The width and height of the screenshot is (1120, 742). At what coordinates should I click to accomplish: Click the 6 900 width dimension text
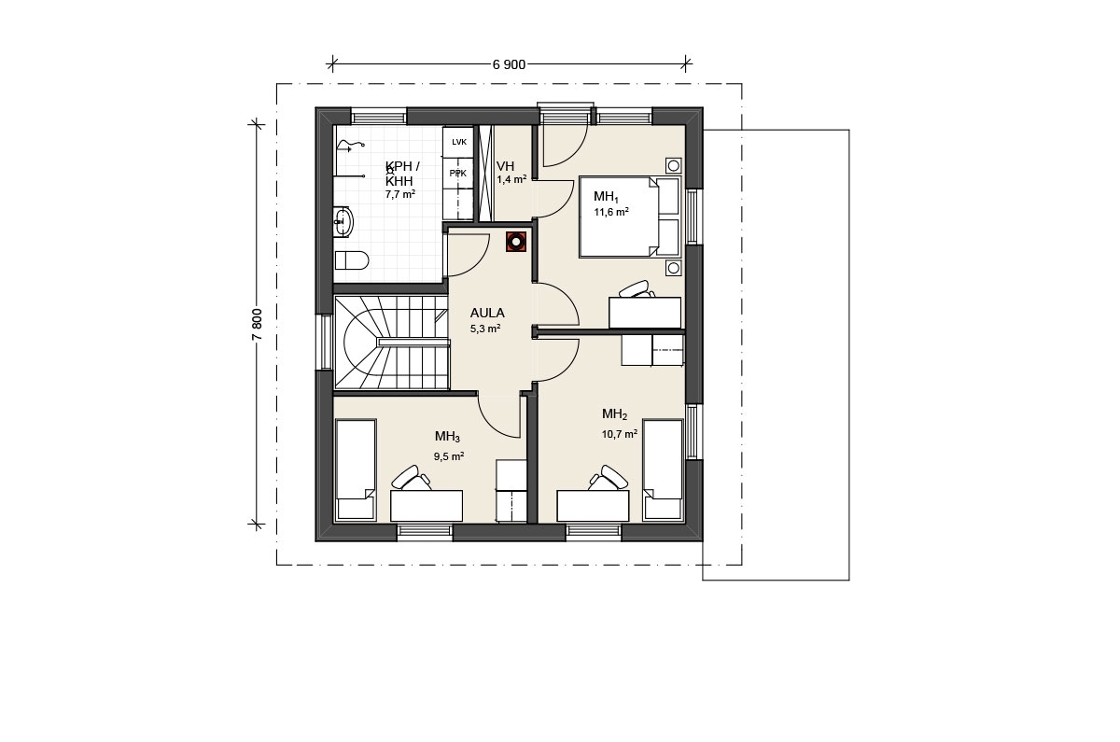[x=509, y=65]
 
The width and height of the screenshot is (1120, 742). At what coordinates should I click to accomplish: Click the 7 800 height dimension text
[x=257, y=325]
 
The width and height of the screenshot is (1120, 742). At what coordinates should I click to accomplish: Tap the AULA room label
[x=487, y=313]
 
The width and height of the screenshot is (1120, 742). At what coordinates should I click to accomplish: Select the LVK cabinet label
[x=459, y=142]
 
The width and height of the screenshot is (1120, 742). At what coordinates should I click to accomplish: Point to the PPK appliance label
[x=458, y=174]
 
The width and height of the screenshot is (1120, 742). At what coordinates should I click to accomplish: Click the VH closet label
[x=506, y=166]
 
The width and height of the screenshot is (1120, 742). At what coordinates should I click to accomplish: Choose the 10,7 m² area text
[x=620, y=434]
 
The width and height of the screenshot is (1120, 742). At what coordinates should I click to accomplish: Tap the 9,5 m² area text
[x=449, y=456]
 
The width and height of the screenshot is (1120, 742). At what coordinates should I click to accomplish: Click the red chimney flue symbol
[x=515, y=242]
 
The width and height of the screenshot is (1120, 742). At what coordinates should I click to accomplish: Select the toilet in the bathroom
[x=352, y=260]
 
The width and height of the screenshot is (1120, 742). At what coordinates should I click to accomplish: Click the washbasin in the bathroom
[x=343, y=220]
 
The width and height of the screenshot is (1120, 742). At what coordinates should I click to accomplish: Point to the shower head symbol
[x=350, y=146]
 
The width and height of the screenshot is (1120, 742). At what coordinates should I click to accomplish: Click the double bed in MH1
[x=629, y=217]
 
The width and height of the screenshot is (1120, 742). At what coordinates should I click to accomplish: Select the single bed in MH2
[x=663, y=470]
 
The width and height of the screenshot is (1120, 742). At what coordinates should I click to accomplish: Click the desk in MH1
[x=645, y=313]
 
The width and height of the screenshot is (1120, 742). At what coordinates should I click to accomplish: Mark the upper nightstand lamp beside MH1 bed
[x=674, y=165]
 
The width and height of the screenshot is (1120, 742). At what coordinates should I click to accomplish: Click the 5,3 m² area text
[x=485, y=329]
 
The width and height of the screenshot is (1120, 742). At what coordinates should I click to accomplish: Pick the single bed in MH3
[x=356, y=470]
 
